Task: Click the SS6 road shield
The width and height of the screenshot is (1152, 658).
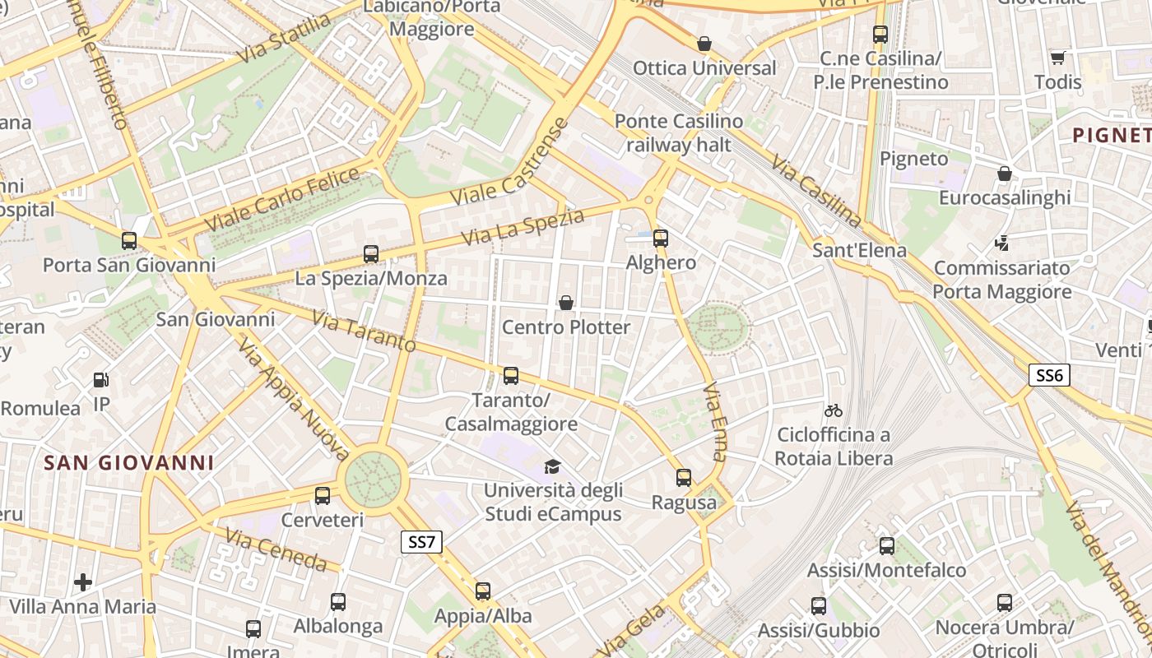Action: point(1049,376)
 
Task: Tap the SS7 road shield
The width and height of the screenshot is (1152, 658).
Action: point(421,542)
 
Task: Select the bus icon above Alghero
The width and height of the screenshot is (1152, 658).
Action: point(661,239)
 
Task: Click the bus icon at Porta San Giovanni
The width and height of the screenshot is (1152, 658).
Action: point(129,241)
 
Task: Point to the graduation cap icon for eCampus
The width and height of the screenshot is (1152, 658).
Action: point(552,466)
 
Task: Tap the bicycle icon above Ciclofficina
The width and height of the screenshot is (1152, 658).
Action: point(834,410)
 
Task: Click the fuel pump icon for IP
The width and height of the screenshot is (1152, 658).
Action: point(101,380)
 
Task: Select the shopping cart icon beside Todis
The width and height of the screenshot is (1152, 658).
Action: point(1057,58)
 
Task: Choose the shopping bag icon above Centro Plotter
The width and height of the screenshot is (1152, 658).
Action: point(566,303)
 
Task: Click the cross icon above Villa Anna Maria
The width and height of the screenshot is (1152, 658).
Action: point(83,582)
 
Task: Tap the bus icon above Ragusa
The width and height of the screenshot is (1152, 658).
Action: point(683,477)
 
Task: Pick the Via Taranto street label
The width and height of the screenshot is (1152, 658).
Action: point(365,330)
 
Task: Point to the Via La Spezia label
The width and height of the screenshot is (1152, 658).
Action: point(523,227)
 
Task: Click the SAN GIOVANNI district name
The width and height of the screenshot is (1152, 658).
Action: point(129,463)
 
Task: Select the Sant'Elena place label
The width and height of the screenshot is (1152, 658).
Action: point(859,250)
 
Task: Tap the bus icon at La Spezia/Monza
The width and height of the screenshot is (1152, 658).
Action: point(371,254)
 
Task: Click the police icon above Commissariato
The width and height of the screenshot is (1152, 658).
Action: point(1002,243)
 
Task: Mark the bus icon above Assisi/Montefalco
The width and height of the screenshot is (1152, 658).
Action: point(886,545)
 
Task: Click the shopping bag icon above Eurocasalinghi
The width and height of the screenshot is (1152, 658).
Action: point(1005,174)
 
